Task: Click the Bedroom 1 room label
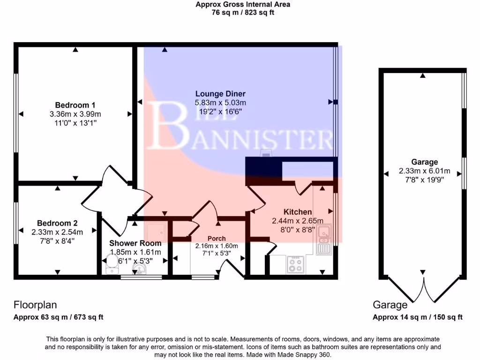75,105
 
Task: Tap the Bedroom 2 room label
57,223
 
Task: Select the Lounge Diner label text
220,94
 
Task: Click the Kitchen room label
298,212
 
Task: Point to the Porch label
217,238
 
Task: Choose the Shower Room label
135,243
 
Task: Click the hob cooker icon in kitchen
295,265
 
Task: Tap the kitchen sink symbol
324,239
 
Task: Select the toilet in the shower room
112,266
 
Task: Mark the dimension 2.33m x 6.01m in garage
425,171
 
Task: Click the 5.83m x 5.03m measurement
220,103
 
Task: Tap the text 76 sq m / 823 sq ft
243,13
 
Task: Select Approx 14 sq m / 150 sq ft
417,317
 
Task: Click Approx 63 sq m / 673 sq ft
58,317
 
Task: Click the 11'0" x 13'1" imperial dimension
75,123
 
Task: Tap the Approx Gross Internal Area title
243,4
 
